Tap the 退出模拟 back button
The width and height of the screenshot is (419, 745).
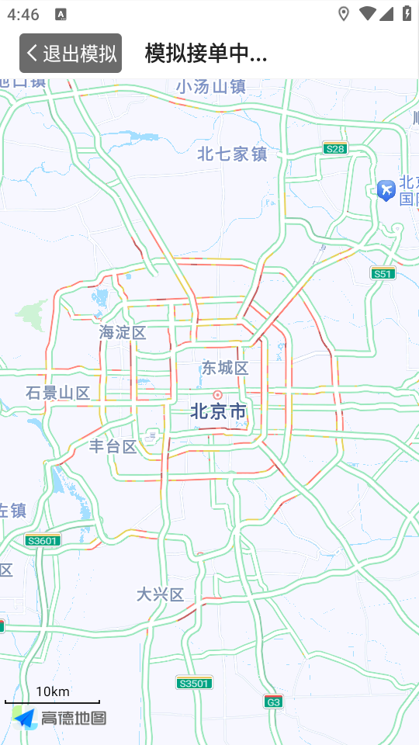(x=71, y=53)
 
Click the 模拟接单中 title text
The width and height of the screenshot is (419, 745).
(x=206, y=54)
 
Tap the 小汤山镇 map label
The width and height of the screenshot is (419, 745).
(x=210, y=87)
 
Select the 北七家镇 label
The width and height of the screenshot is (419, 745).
(x=232, y=154)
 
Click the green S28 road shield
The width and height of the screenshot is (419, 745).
(x=335, y=148)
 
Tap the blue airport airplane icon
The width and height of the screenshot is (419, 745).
(x=386, y=189)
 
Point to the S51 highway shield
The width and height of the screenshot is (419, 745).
(x=383, y=273)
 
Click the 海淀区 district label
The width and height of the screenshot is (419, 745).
(x=123, y=332)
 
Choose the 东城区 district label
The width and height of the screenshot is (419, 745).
(x=225, y=368)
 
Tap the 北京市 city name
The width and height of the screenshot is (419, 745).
(x=218, y=411)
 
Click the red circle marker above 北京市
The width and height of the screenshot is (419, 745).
(x=217, y=395)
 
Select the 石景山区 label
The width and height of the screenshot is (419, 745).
(x=58, y=393)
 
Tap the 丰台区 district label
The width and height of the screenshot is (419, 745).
(x=113, y=446)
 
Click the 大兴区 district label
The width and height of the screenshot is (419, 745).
(x=161, y=594)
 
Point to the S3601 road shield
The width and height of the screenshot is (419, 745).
(x=42, y=540)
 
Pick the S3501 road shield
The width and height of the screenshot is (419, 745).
(x=194, y=683)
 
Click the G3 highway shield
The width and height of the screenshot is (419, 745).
(x=273, y=702)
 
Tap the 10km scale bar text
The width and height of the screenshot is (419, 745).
(x=52, y=691)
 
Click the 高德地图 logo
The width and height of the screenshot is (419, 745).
(x=60, y=719)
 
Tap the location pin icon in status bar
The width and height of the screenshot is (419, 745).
(x=344, y=13)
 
